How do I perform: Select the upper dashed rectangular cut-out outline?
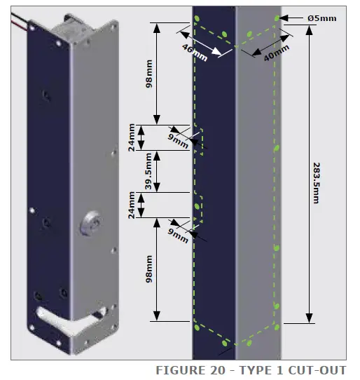tap(198, 140)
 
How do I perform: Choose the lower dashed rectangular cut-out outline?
tap(198, 208)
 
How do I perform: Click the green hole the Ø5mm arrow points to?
tap(278, 17)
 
